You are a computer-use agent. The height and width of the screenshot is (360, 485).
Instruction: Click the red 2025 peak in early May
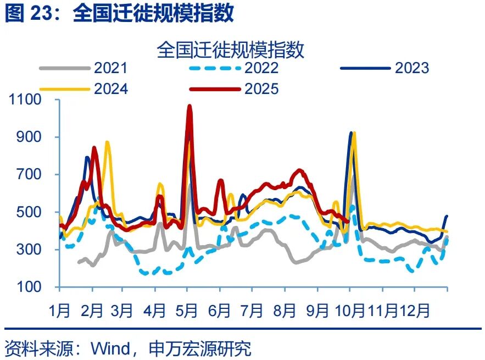point(189,106)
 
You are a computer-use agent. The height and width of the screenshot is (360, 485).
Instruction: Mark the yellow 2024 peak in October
point(354,133)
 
